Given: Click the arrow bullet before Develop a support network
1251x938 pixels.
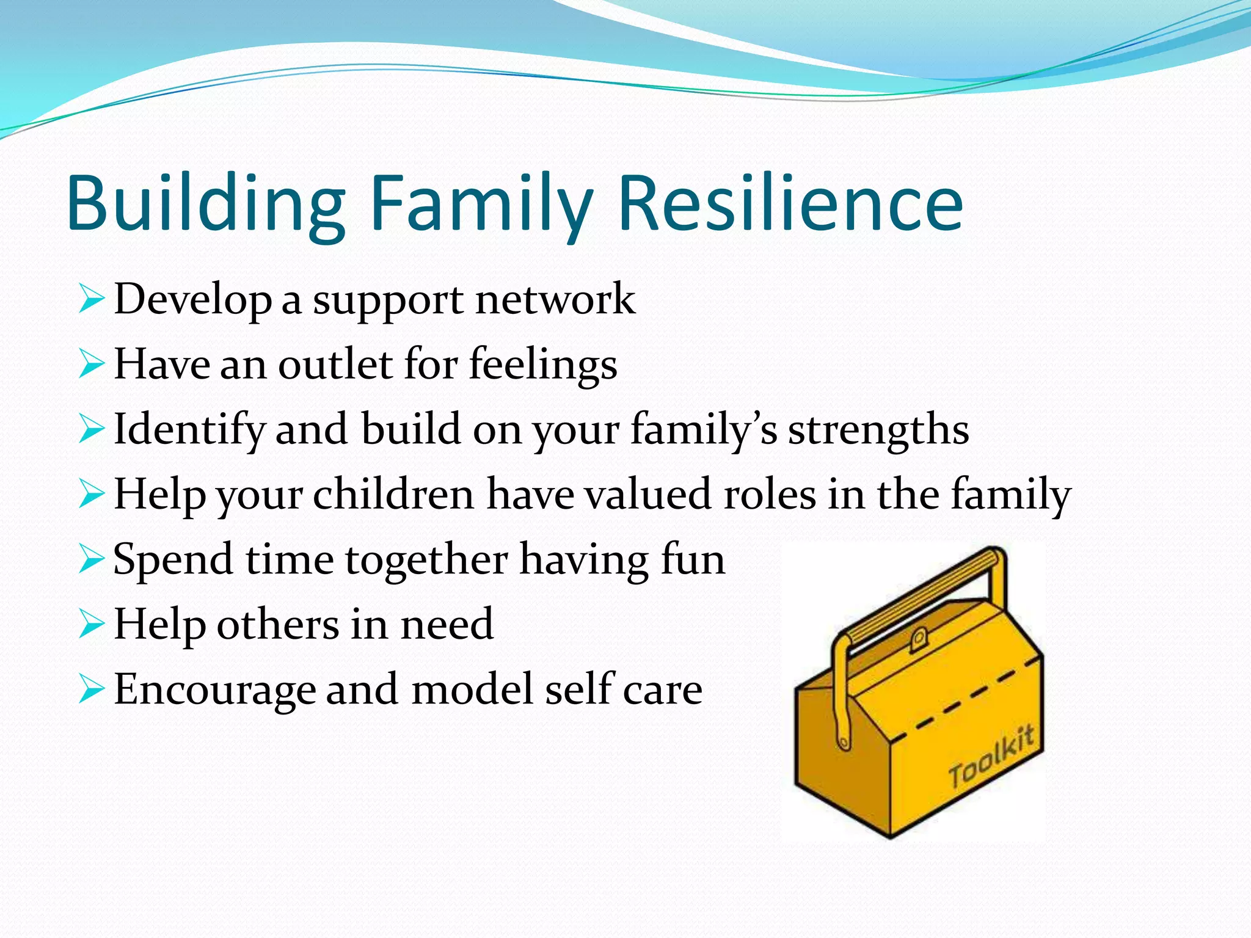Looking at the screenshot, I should click(92, 300).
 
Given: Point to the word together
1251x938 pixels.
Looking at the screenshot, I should click(426, 561).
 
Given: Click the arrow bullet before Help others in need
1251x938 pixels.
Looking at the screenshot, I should click(92, 625).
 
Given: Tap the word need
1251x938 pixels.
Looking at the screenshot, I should click(447, 625).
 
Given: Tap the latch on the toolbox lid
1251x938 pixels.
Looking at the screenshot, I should click(918, 641).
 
